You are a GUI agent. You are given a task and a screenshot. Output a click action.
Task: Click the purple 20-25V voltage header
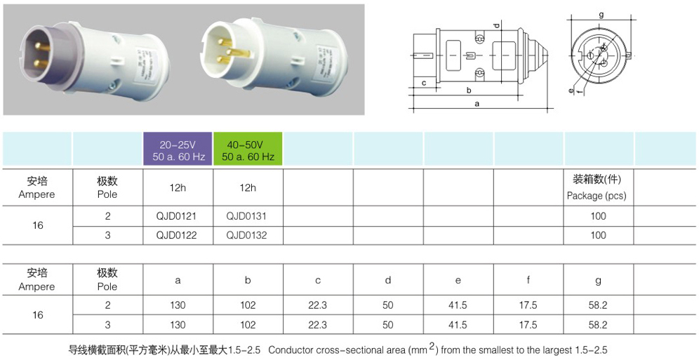(178, 149)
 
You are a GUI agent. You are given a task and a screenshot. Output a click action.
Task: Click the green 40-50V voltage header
(248, 149)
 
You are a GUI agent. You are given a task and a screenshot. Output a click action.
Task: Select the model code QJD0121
(178, 216)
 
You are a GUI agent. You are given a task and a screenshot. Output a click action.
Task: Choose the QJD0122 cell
(178, 235)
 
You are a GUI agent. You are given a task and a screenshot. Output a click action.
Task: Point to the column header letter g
(598, 280)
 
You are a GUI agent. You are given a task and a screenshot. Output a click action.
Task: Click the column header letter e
(458, 280)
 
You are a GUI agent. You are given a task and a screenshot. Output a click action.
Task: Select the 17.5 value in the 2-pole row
(528, 305)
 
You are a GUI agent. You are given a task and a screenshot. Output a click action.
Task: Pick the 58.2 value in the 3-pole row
(598, 325)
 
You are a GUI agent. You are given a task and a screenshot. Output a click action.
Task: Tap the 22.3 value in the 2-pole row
(318, 305)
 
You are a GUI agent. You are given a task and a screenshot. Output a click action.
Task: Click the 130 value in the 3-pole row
(178, 325)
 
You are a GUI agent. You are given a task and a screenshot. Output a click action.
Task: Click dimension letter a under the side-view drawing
(477, 104)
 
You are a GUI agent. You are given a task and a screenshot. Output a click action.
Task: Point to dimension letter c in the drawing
(425, 83)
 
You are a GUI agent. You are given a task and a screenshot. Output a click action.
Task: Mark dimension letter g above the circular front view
(601, 14)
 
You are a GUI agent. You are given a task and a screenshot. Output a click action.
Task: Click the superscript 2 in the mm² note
(433, 345)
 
